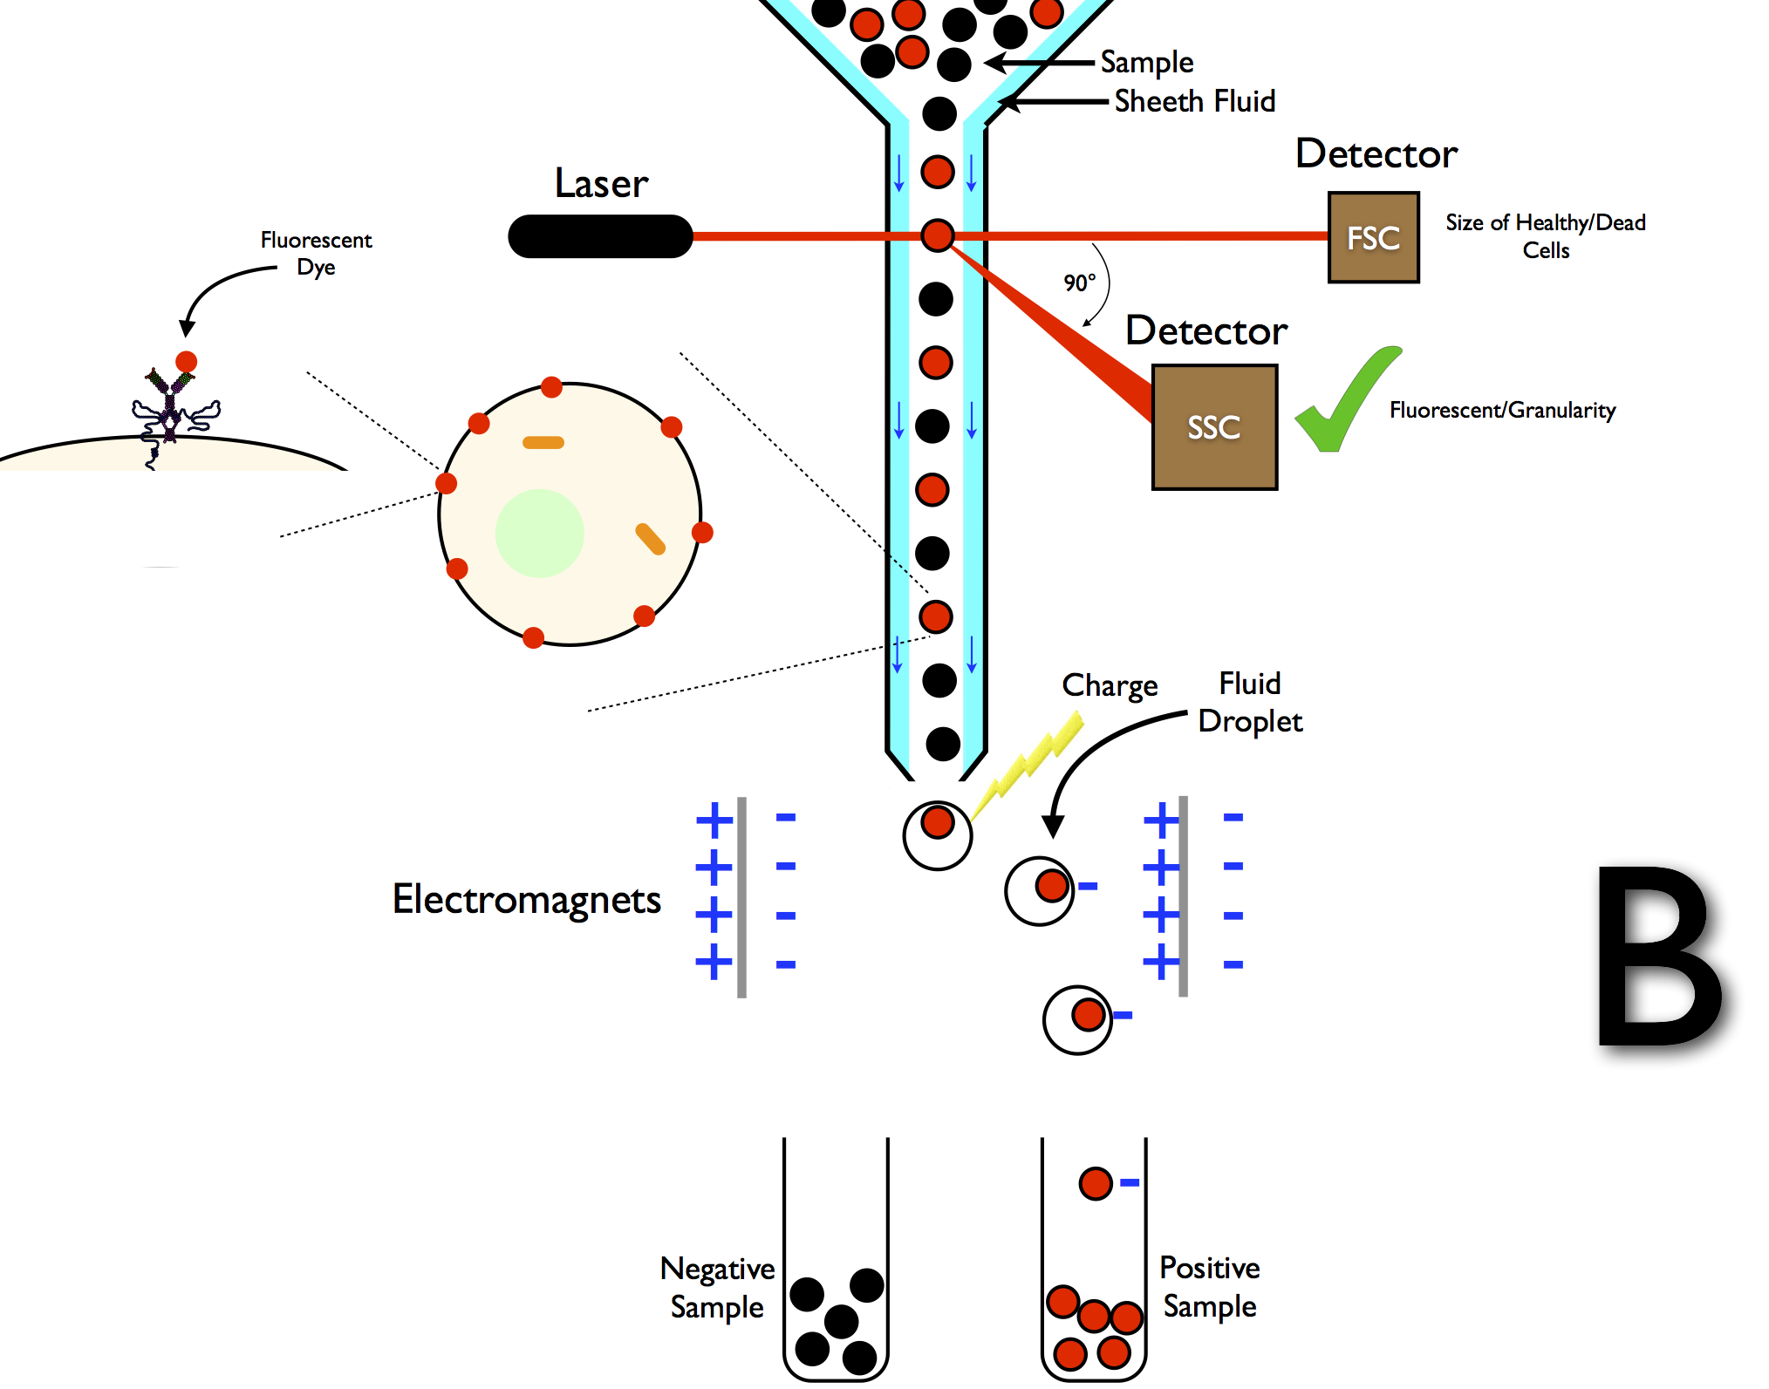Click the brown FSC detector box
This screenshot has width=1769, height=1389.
(x=1373, y=237)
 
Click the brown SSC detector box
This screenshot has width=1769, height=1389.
(x=1214, y=427)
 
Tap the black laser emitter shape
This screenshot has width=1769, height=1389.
(x=600, y=236)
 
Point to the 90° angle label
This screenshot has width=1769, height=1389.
(x=1079, y=283)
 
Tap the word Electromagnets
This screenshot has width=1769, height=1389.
(x=526, y=900)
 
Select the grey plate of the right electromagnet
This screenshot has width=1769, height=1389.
(x=1183, y=896)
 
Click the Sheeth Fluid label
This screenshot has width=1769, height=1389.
(x=1194, y=102)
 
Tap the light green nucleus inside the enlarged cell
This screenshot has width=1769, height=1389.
(x=539, y=533)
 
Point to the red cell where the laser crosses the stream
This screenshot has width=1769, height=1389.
(x=938, y=235)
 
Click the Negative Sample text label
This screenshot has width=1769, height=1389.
(x=717, y=1288)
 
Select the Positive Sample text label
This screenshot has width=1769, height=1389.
(x=1210, y=1287)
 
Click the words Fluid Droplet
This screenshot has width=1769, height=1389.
(x=1249, y=703)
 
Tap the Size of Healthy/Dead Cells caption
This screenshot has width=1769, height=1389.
(x=1545, y=236)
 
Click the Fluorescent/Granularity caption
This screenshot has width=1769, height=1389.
(x=1502, y=411)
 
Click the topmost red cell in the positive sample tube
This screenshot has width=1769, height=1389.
(x=1096, y=1183)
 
